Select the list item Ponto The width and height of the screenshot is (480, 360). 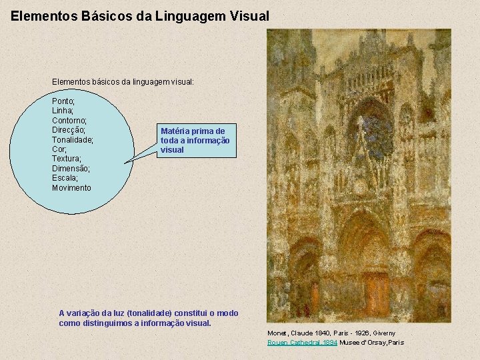click(63, 101)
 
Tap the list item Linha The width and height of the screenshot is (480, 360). click(63, 111)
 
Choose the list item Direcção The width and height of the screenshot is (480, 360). click(69, 130)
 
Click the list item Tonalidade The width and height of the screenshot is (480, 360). click(73, 140)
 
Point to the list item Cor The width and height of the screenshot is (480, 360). click(59, 149)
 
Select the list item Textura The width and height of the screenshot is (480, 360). click(67, 159)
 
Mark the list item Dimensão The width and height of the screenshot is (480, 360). click(71, 169)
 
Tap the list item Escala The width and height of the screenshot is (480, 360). click(65, 179)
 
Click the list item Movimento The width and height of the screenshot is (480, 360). click(71, 188)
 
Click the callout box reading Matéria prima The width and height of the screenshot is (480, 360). click(198, 141)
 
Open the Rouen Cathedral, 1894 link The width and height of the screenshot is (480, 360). click(301, 343)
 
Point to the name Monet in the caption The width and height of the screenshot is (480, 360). click(277, 333)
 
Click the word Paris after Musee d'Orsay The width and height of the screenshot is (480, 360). click(395, 343)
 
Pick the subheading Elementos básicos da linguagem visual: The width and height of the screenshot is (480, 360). click(123, 81)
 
